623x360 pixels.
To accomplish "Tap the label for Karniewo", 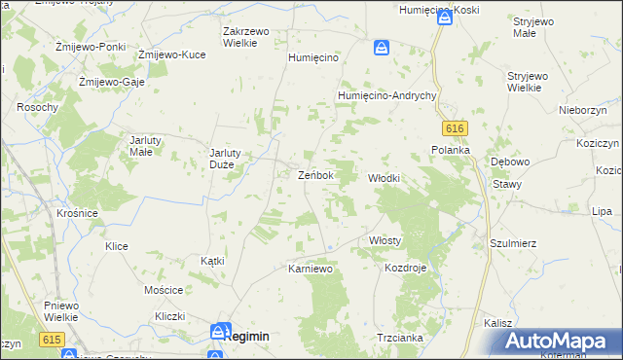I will (311, 268).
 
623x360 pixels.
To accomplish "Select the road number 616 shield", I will (453, 128).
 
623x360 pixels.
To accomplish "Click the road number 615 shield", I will (52, 338).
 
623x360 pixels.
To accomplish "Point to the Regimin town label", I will (245, 335).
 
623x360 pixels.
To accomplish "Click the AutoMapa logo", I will (560, 342).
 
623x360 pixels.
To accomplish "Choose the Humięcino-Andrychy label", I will (385, 95).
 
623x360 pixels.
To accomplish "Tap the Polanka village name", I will (451, 150).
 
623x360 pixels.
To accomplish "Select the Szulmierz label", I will (513, 244).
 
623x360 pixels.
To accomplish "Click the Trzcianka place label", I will (399, 338).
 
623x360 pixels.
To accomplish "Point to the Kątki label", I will (212, 261).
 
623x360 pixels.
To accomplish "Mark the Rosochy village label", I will (38, 106).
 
